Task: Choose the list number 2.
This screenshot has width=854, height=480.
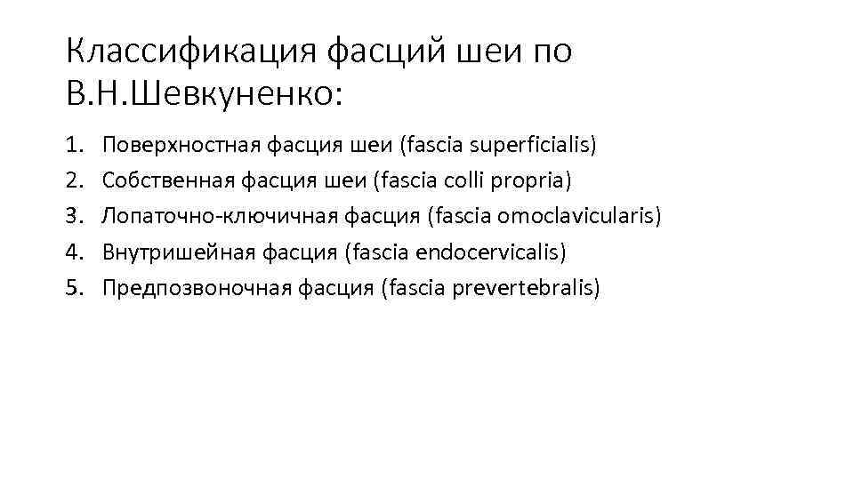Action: click(x=73, y=180)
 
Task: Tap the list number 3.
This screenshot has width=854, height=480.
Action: click(x=73, y=216)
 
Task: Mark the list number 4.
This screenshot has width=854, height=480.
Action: click(x=73, y=252)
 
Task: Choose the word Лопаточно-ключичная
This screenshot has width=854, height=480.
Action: click(x=210, y=216)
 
